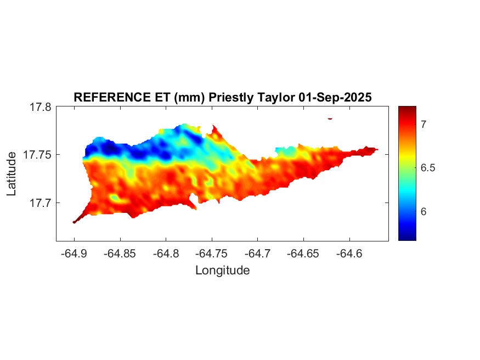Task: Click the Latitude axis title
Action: point(12,174)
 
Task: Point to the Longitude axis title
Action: point(222,270)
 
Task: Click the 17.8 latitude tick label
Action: point(41,107)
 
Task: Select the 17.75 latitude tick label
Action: point(38,155)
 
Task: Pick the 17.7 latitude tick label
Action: point(41,203)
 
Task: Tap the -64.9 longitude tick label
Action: point(74,254)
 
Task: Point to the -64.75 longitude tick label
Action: point(212,254)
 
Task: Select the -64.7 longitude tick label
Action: point(257,254)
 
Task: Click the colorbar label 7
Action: point(424,125)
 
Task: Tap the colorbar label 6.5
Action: point(428,168)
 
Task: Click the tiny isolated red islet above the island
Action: point(330,118)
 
